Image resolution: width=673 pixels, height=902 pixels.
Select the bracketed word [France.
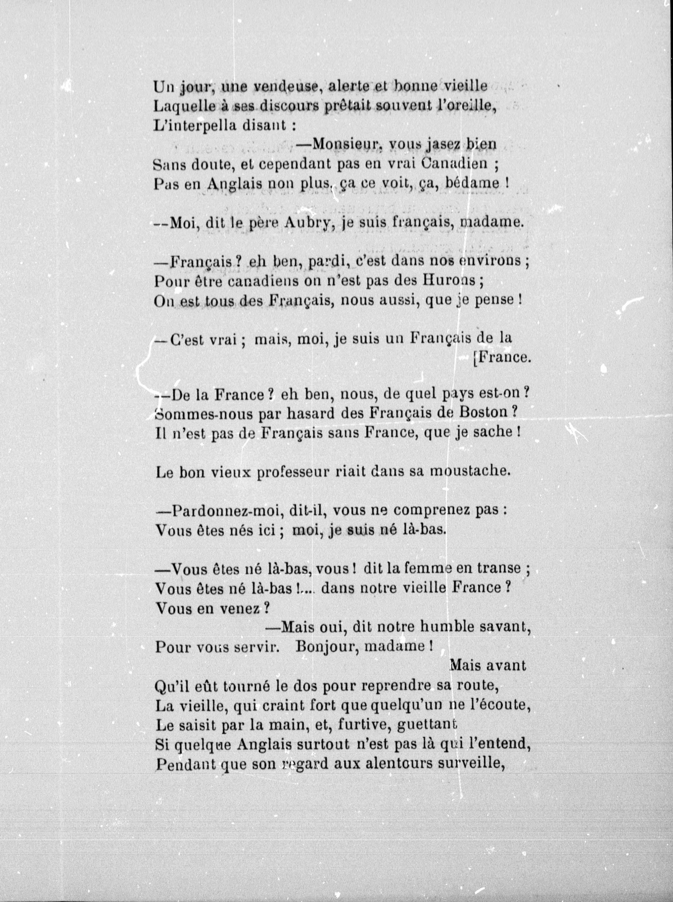click(x=502, y=357)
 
